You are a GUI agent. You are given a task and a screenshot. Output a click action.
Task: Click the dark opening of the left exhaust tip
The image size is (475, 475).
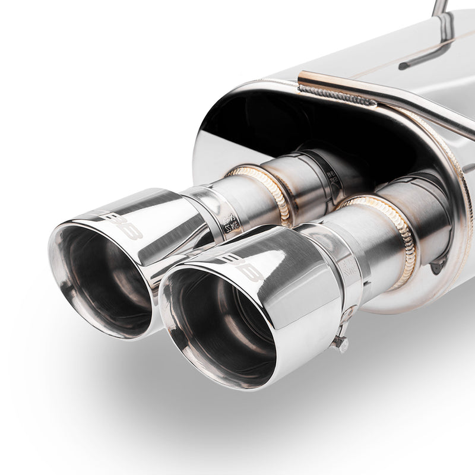pyautogui.click(x=101, y=279)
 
